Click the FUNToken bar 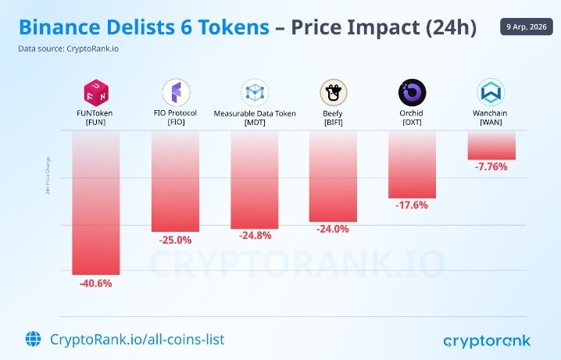(x=96, y=203)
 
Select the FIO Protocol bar (x=175, y=181)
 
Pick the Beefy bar (x=334, y=176)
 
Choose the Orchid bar (x=413, y=164)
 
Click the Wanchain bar (x=491, y=145)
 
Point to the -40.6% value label (x=96, y=283)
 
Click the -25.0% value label (x=175, y=241)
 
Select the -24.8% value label (x=255, y=237)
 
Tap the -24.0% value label (x=334, y=230)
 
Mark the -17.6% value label (x=413, y=206)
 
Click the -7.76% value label (x=491, y=167)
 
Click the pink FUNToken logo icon (x=96, y=93)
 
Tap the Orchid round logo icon (x=413, y=93)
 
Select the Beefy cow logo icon (x=334, y=93)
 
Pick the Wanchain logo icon (x=491, y=93)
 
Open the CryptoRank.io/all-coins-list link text (x=137, y=339)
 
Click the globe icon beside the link (x=34, y=339)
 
